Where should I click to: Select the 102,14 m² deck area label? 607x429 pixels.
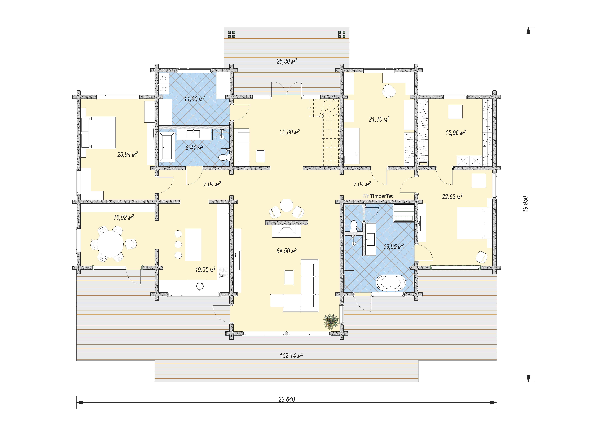(291, 355)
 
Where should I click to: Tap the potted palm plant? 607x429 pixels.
(331, 321)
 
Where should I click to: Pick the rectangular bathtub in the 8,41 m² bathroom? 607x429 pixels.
(167, 147)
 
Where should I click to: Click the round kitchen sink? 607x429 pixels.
(200, 286)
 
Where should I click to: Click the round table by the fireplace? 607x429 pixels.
(287, 205)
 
